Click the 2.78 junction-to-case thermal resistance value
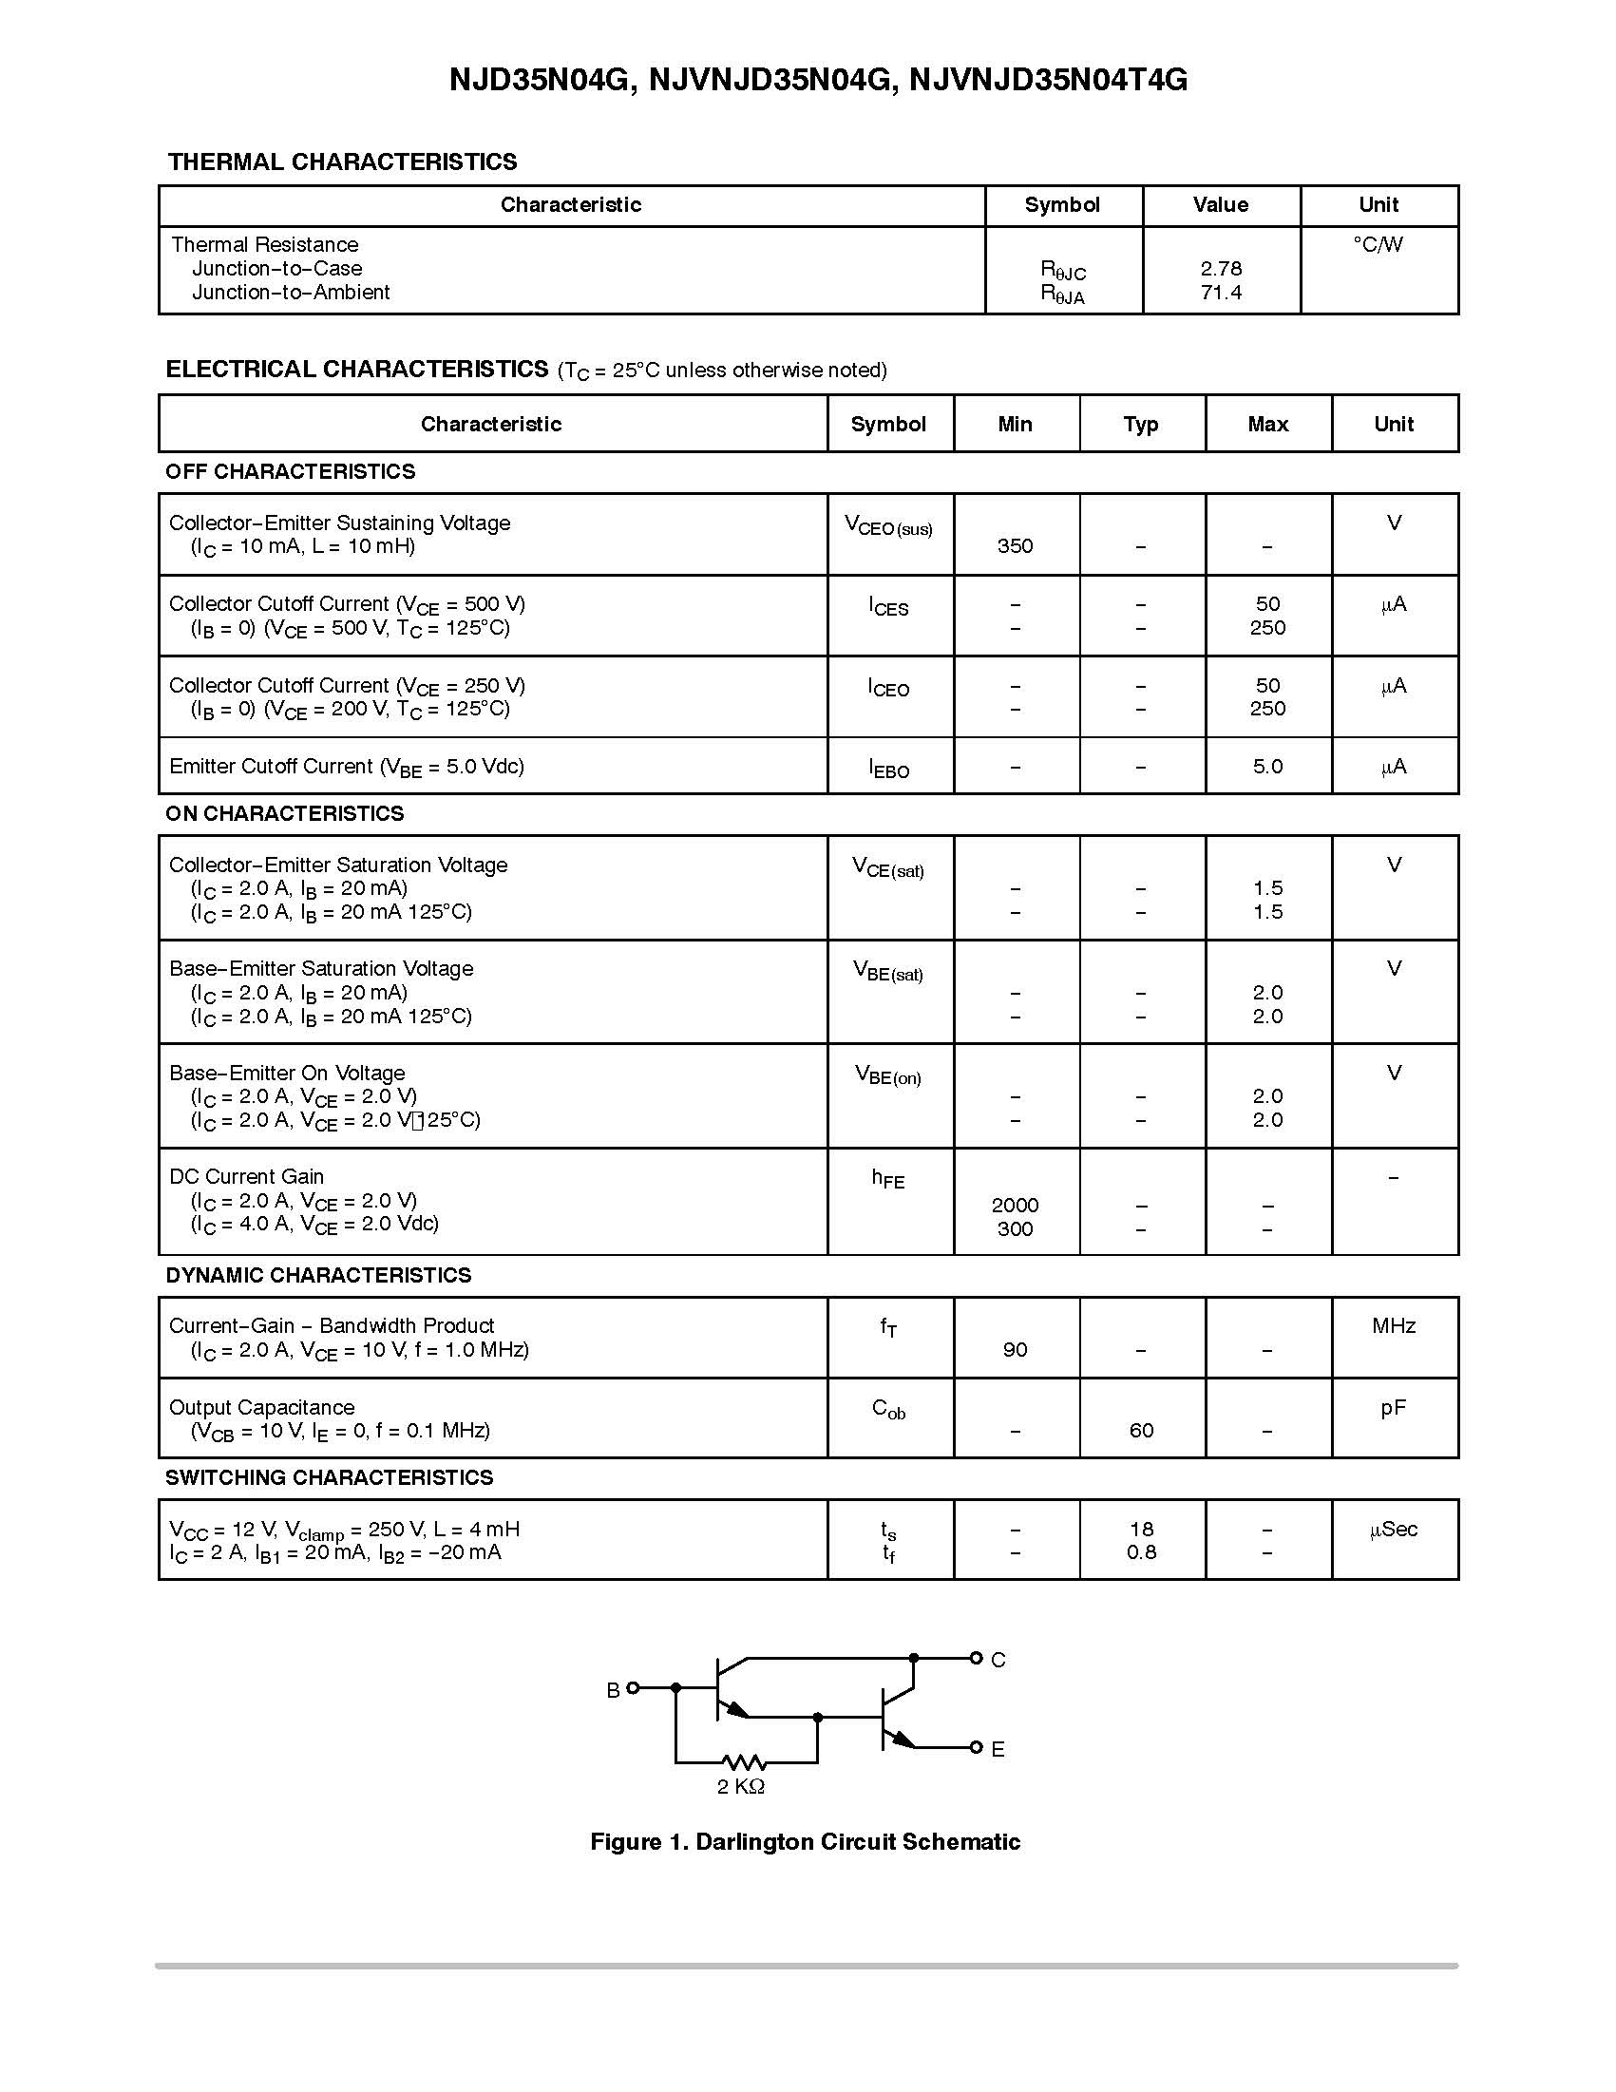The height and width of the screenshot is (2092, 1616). click(1221, 269)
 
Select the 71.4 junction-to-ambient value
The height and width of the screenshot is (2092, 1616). click(1221, 293)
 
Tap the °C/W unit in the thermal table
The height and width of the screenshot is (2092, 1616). click(1378, 245)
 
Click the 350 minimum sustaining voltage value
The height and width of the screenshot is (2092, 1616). click(1015, 546)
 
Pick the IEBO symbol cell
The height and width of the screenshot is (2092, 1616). click(888, 769)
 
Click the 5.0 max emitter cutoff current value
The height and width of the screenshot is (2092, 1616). click(1266, 767)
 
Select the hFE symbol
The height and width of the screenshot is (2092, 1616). click(887, 1179)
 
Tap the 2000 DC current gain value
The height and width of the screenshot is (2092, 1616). click(1015, 1205)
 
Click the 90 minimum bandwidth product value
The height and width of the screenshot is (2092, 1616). click(1015, 1350)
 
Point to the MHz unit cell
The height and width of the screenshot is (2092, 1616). click(1393, 1325)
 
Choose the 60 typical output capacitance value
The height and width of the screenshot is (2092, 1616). click(1141, 1430)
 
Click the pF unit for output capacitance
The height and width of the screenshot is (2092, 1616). click(1393, 1407)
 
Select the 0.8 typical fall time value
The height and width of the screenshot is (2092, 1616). click(1141, 1551)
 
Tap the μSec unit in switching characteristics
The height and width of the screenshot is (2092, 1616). click(1393, 1529)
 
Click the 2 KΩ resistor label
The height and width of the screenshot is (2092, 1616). click(740, 1786)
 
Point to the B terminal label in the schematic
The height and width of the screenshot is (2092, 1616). click(613, 1691)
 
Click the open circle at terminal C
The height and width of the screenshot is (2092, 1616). click(975, 1658)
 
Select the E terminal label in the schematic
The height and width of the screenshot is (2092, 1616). click(998, 1749)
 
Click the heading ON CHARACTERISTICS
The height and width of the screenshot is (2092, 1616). click(284, 813)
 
